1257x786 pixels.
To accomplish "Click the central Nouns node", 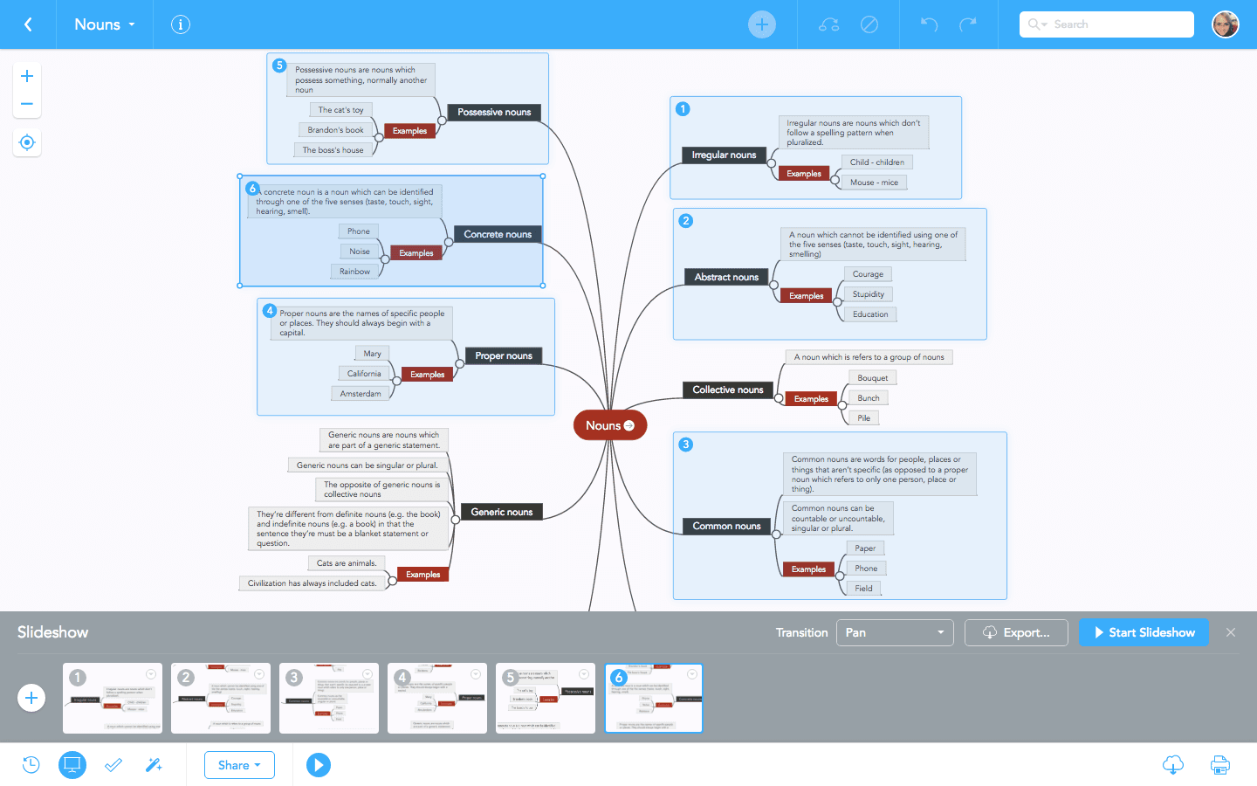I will click(x=604, y=425).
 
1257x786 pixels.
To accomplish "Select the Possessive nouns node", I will click(x=494, y=112).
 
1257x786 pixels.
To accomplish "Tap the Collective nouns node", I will click(x=727, y=390).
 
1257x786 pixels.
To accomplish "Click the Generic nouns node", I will click(x=502, y=512).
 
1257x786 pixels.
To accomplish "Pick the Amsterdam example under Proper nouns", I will click(x=361, y=394).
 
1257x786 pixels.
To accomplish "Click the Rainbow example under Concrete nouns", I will click(x=354, y=272).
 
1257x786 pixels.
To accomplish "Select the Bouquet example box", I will click(x=872, y=378).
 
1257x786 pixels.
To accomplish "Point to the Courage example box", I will click(x=868, y=274).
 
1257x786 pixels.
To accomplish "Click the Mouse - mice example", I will click(x=874, y=183).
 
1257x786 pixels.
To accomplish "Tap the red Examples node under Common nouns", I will click(x=808, y=569).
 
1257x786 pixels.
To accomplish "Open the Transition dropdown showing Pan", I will click(x=894, y=632).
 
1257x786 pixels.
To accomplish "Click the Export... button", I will click(x=1016, y=632).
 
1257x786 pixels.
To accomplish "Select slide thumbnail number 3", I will click(x=329, y=698).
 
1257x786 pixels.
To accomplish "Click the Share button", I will click(x=239, y=765).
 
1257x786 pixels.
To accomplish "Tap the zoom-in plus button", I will click(x=27, y=76).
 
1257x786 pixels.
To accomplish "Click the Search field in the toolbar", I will click(x=1107, y=24).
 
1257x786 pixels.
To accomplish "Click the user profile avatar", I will click(x=1226, y=24).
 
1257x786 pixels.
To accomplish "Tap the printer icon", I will click(x=1219, y=765).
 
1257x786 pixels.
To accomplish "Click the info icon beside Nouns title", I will click(x=181, y=24).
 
